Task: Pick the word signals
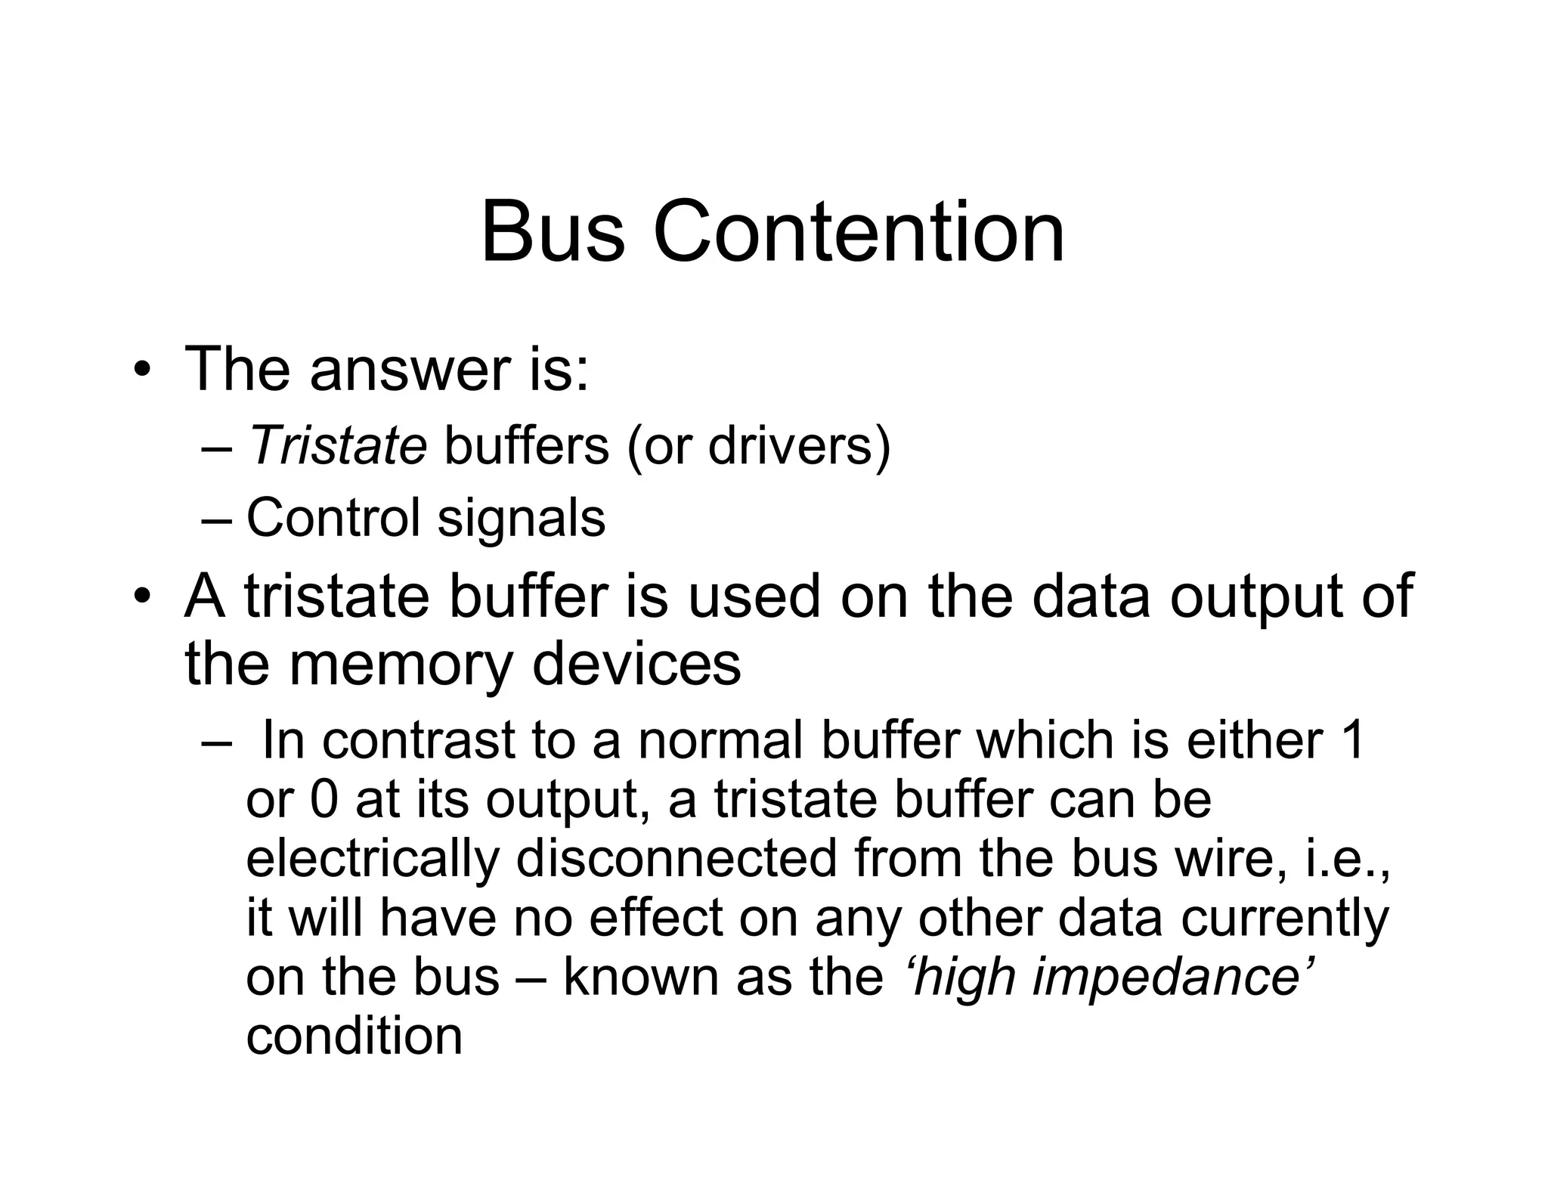(x=522, y=518)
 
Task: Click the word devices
(x=636, y=664)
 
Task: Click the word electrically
(x=373, y=859)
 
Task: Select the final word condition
(x=354, y=1036)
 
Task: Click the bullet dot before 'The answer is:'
(x=141, y=370)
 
